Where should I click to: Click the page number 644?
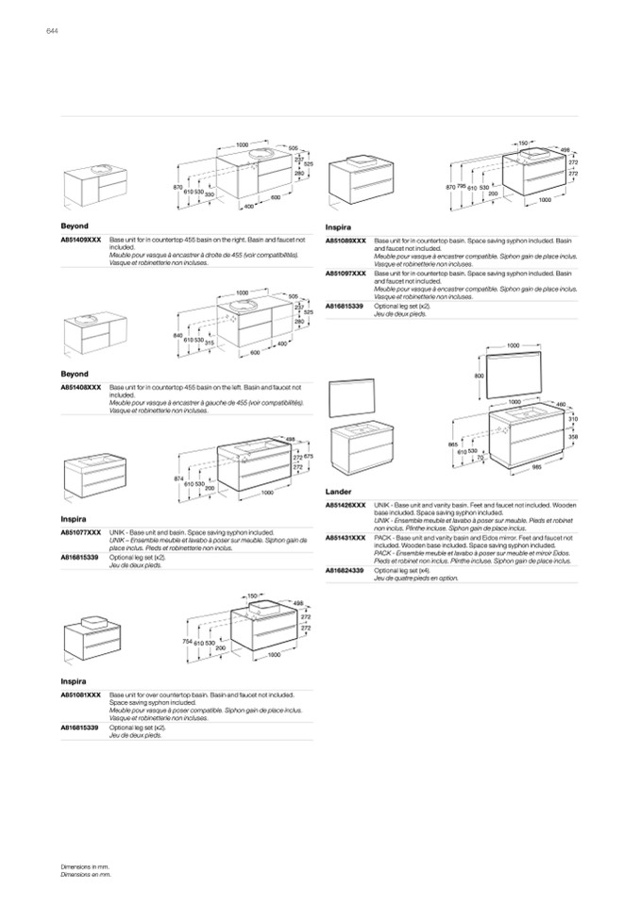(x=53, y=33)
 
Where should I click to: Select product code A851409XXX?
(x=81, y=242)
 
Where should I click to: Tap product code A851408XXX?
(x=81, y=387)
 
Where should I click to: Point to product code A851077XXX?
(x=81, y=532)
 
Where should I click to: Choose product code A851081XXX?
(x=81, y=694)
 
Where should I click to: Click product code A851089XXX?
(x=346, y=242)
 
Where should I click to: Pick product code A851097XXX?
(x=346, y=273)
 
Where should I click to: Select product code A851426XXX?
(x=346, y=505)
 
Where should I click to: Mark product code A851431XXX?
(x=346, y=537)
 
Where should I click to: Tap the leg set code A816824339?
(x=346, y=570)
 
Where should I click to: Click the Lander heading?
(x=338, y=492)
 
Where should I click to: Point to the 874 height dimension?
(x=178, y=478)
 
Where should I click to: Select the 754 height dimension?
(x=188, y=641)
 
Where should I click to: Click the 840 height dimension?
(x=177, y=335)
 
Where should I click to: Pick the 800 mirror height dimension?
(x=479, y=376)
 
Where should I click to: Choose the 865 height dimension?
(x=452, y=444)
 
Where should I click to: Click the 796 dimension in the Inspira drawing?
(x=462, y=187)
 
